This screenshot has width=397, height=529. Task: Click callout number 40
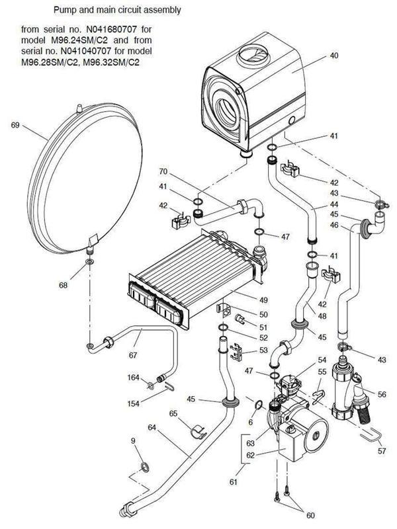click(333, 57)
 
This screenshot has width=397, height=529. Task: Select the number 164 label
click(133, 378)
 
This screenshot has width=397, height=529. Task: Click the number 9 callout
click(133, 440)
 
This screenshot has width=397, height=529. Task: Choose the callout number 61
click(233, 483)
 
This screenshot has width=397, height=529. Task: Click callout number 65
click(174, 413)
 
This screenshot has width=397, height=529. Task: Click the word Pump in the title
click(69, 11)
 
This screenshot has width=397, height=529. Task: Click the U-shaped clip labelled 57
click(368, 436)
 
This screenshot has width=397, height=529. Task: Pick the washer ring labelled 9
click(145, 470)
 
